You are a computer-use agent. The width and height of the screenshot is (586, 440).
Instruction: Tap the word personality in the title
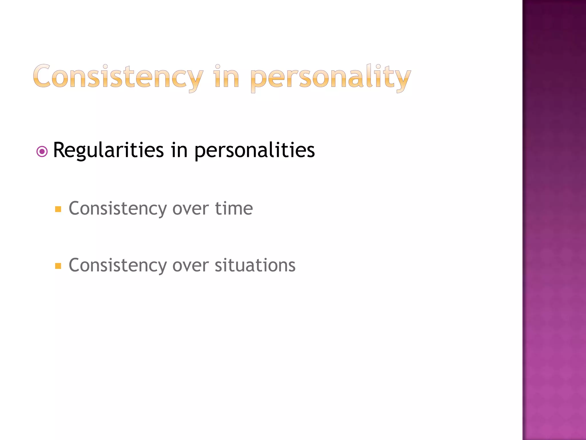pos(330,77)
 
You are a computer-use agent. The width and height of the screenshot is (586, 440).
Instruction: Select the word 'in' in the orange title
pos(226,77)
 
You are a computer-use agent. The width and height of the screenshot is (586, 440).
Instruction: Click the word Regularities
pos(108,150)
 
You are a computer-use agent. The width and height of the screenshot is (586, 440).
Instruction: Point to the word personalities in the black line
pos(254,150)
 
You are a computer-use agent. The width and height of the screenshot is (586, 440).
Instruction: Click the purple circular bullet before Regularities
pos(42,152)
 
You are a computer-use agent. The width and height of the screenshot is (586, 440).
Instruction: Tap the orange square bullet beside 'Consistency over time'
pos(58,209)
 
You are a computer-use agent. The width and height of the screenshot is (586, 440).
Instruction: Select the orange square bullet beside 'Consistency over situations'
pos(58,266)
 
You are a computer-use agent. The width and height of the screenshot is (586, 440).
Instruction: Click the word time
pos(234,208)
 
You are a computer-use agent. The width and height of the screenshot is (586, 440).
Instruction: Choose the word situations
pos(255,265)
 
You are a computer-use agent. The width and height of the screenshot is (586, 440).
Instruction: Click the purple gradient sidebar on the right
pos(554,220)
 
